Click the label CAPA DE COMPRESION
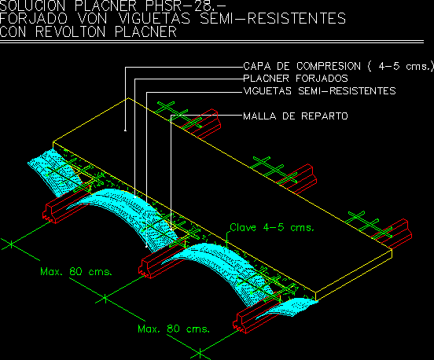[302, 66]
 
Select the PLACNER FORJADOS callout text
[296, 79]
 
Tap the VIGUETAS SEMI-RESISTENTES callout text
[319, 91]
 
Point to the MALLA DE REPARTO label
[296, 116]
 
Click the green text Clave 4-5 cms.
[272, 227]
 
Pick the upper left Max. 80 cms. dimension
[76, 271]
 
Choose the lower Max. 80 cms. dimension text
[174, 329]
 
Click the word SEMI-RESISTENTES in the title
[273, 19]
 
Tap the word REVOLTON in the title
[70, 31]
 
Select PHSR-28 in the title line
[182, 6]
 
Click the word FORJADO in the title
[34, 19]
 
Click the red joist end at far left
[50, 213]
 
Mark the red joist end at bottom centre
[240, 323]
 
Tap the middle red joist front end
[145, 268]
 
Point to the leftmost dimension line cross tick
[11, 244]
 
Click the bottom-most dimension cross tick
[200, 354]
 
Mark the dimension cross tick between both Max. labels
[105, 299]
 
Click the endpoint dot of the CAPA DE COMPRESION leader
[125, 130]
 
